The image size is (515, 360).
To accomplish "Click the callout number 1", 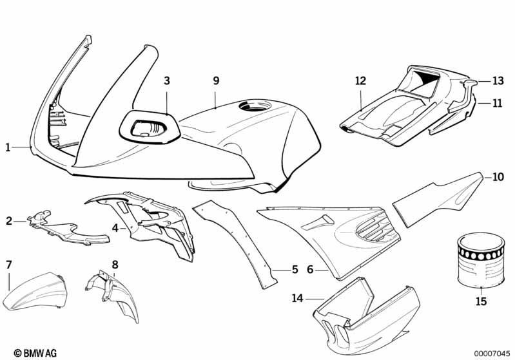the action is pos(8,147).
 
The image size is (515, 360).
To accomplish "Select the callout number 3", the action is pos(167,81).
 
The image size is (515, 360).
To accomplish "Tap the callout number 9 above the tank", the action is pos(216,81).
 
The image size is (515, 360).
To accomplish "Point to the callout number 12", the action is pos(360,81).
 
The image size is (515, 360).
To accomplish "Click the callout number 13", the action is pos(498,81).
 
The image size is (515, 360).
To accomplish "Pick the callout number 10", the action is pos(498,177).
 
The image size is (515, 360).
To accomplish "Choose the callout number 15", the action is pos(481,301).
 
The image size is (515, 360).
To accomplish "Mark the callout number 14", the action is pos(298,298).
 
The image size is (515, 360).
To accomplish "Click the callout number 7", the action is pos(9,265).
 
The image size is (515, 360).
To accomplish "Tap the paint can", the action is pos(481,260).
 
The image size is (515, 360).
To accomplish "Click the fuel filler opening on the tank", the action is pos(255,106).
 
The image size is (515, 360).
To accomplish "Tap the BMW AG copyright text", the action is pos(35,353).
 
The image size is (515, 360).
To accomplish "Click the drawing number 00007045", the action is pos(492,354).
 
